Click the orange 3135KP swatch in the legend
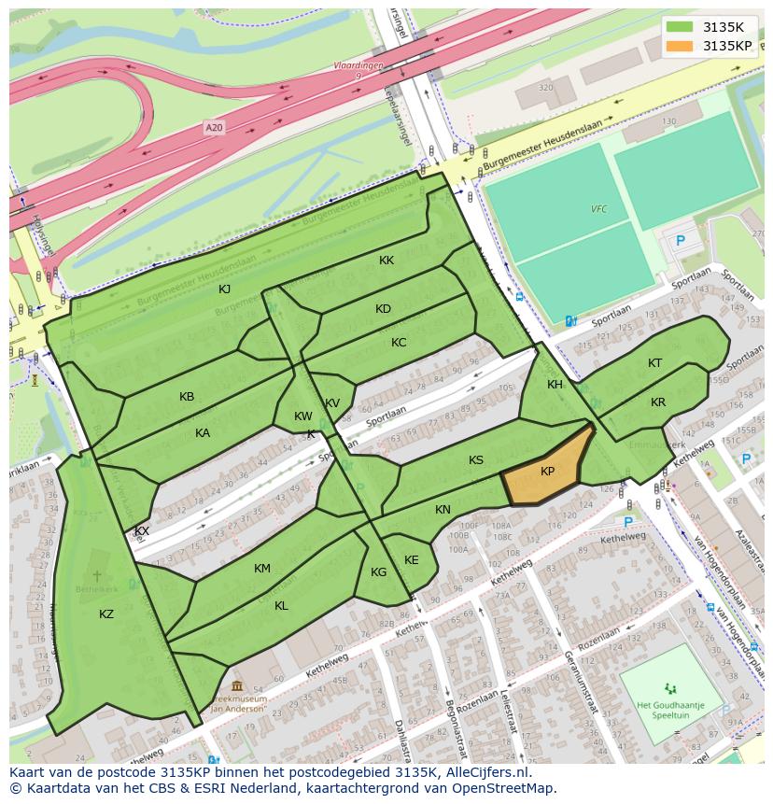coord(680,46)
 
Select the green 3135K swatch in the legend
coord(680,26)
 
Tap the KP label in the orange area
coord(548,472)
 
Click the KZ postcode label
coord(106,614)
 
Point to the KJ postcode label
coord(225,289)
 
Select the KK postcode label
coord(386,261)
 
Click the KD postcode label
coord(383,309)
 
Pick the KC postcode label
coord(399,343)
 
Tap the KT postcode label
coord(655,363)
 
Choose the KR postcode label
coord(658,402)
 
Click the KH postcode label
coord(555,385)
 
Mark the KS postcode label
coord(476,460)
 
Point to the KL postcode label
coord(281,606)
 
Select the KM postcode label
coord(262,569)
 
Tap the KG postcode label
coord(378,572)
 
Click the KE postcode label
coord(412,560)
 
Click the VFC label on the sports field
coord(598,209)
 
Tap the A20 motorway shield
coord(215,127)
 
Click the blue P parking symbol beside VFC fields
coord(680,240)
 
